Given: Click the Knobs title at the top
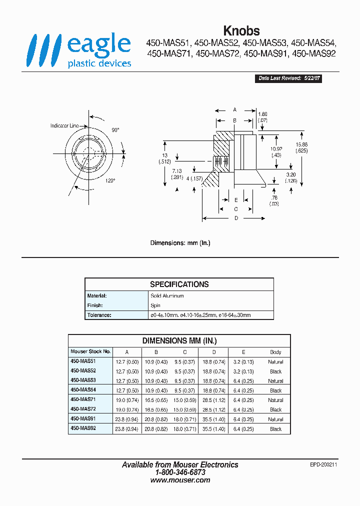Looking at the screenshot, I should pos(241,31).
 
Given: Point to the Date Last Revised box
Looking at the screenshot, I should pos(288,78).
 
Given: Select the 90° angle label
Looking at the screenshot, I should pos(115,130).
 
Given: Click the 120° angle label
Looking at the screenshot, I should pos(110,180).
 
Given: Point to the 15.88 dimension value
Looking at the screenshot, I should pos(301,145).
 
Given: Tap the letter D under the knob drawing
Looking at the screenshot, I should pos(235,218).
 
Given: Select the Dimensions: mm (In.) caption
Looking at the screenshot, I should pos(180,243).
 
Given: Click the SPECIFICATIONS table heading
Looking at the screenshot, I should pos(179,284).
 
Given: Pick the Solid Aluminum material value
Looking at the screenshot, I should pos(167,296).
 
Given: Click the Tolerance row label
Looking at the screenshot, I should pos(99,315).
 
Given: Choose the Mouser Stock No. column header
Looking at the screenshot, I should pos(90,351).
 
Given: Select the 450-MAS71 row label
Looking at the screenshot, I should pos(83,400).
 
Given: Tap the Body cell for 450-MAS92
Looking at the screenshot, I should pos(275,429).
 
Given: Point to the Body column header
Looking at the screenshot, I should pos(275,352).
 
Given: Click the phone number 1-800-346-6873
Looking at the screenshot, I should pos(180,472).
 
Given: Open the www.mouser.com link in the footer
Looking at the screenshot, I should pos(180,480).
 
